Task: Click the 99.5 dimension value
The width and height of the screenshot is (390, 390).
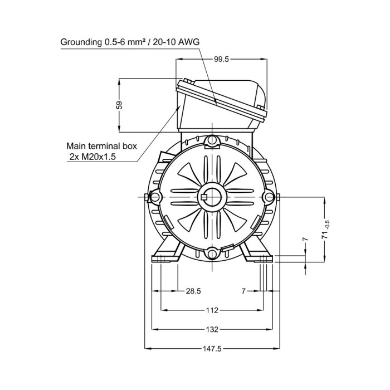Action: click(x=221, y=59)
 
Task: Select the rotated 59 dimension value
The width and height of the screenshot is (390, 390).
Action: click(x=120, y=105)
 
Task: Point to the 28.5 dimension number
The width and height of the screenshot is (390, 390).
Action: click(x=193, y=291)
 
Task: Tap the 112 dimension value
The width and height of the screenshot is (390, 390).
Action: click(x=212, y=310)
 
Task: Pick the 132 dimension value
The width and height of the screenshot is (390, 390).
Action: click(x=212, y=329)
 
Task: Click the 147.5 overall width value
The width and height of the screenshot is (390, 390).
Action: click(x=212, y=349)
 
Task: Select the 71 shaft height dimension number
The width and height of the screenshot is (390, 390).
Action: click(x=325, y=235)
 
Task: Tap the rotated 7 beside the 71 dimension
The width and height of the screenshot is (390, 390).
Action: click(x=305, y=239)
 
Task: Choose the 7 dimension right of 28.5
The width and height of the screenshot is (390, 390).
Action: click(x=243, y=291)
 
